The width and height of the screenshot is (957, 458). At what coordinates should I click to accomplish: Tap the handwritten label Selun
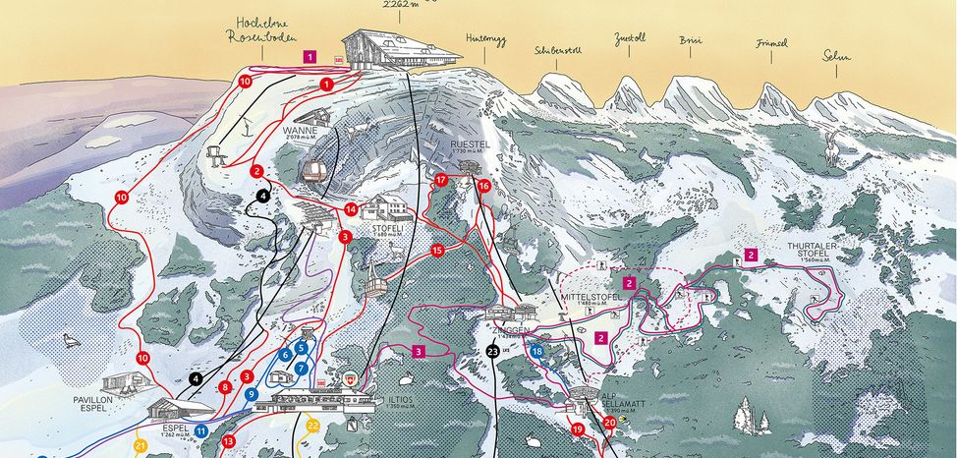coord(837,56)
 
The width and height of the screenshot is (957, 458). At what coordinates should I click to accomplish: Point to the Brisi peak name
coord(691,40)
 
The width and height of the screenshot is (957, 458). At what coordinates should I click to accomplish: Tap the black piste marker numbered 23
coord(492,351)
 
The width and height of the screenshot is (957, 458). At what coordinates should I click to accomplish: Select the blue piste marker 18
coord(536,351)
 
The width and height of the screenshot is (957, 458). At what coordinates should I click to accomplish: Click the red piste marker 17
coord(441,180)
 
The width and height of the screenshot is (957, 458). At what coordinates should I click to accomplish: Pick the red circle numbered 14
coord(351,208)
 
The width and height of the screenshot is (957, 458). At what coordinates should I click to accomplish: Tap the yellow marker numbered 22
coord(312,425)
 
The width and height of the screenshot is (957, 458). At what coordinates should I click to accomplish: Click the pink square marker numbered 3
coord(419,350)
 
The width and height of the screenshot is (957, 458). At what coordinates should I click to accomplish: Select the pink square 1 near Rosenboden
coord(310,58)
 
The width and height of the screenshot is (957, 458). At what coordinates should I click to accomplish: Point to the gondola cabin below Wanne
coord(313,172)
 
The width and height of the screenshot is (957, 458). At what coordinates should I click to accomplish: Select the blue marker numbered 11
coord(200,430)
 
